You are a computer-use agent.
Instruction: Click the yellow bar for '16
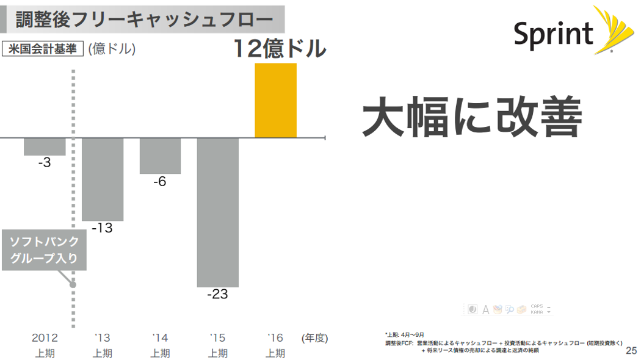pyautogui.click(x=275, y=101)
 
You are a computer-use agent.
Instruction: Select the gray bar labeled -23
pyautogui.click(x=217, y=212)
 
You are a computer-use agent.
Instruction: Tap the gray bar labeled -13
pyautogui.click(x=103, y=179)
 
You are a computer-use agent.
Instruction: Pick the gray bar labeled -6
pyautogui.click(x=160, y=156)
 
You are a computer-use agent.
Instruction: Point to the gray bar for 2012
pyautogui.click(x=45, y=146)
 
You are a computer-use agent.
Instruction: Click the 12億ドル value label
pyautogui.click(x=280, y=49)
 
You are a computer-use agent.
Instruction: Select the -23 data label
pyautogui.click(x=217, y=295)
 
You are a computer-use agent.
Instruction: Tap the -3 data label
pyautogui.click(x=44, y=163)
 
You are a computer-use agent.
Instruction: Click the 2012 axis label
pyautogui.click(x=45, y=337)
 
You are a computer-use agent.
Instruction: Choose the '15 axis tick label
pyautogui.click(x=217, y=337)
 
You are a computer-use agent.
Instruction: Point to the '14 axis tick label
pyautogui.click(x=160, y=337)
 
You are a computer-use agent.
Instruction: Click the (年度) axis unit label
pyautogui.click(x=314, y=337)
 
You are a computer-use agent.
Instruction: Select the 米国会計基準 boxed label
pyautogui.click(x=43, y=49)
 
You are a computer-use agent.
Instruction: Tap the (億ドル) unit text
pyautogui.click(x=112, y=49)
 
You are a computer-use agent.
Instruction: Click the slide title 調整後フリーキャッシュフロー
pyautogui.click(x=144, y=20)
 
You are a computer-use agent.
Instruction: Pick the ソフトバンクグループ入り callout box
pyautogui.click(x=45, y=250)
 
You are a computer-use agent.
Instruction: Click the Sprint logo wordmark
pyautogui.click(x=553, y=34)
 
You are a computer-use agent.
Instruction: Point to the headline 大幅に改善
pyautogui.click(x=471, y=118)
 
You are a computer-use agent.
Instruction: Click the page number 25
pyautogui.click(x=631, y=351)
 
